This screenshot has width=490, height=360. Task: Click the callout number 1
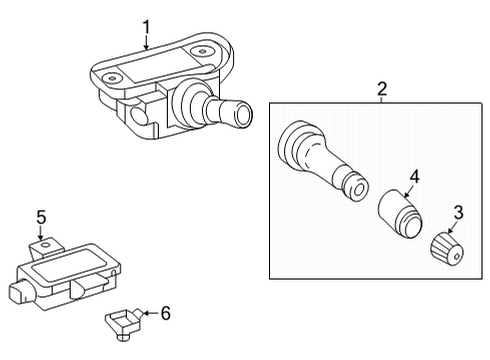pyautogui.click(x=146, y=27)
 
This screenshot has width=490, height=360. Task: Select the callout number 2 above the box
pyautogui.click(x=382, y=89)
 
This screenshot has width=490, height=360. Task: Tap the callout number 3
pyautogui.click(x=459, y=212)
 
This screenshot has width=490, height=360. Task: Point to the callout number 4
pyautogui.click(x=414, y=177)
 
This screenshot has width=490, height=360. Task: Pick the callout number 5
pyautogui.click(x=41, y=217)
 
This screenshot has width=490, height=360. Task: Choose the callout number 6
pyautogui.click(x=166, y=313)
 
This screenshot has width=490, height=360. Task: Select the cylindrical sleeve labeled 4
pyautogui.click(x=400, y=214)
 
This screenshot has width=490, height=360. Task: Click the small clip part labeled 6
pyautogui.click(x=124, y=324)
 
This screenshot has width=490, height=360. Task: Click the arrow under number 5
pyautogui.click(x=41, y=233)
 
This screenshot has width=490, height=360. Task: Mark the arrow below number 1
pyautogui.click(x=146, y=43)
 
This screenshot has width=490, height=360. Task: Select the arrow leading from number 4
pyautogui.click(x=408, y=191)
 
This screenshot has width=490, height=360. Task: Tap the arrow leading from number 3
pyautogui.click(x=452, y=228)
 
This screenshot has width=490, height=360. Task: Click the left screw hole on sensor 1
pyautogui.click(x=112, y=78)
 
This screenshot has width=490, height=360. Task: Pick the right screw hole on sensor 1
pyautogui.click(x=202, y=52)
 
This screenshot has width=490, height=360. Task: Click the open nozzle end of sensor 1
pyautogui.click(x=244, y=115)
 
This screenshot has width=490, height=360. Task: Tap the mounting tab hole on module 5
pyautogui.click(x=45, y=246)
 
